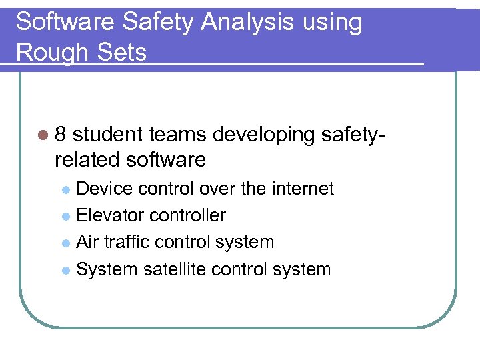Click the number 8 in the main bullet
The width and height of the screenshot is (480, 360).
61,135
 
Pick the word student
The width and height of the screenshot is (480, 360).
108,135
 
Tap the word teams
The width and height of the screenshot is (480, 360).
178,135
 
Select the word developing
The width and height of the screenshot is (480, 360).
265,135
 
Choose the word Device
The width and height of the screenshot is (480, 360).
105,189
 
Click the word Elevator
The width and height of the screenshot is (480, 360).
110,215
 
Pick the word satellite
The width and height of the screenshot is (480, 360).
180,269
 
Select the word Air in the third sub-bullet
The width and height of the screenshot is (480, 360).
87,242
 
